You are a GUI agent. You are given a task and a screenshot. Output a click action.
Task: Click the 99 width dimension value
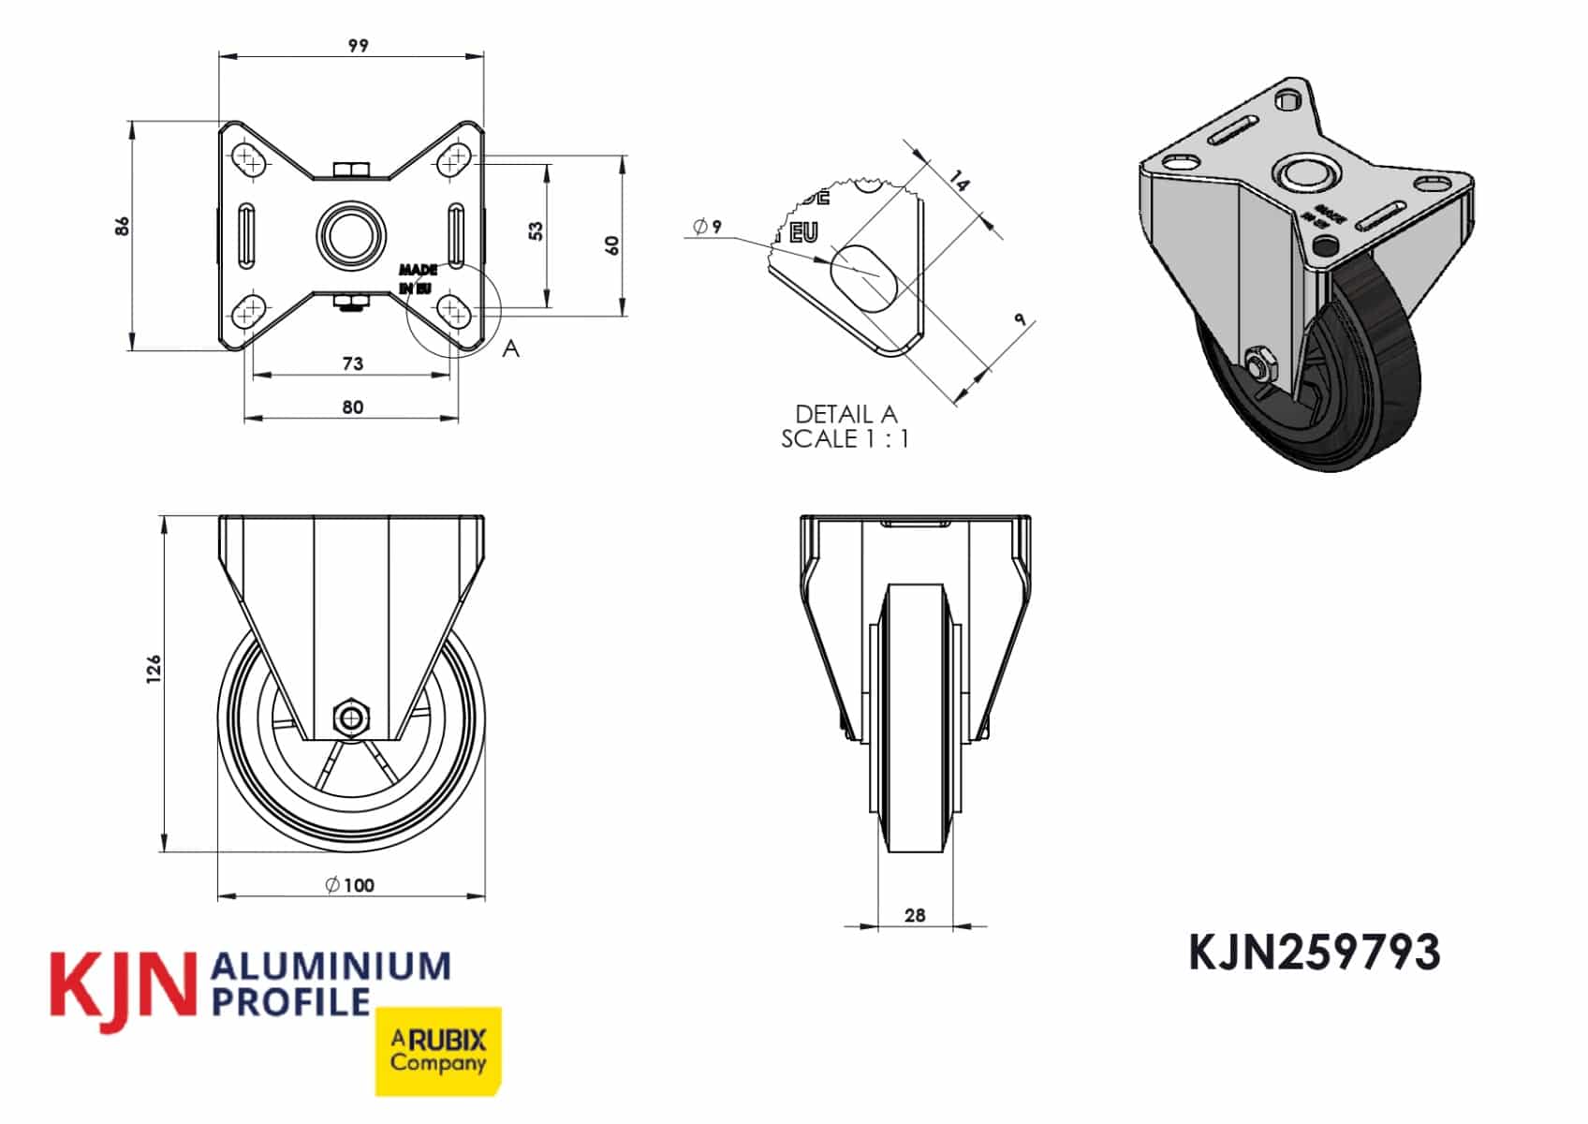coord(358,46)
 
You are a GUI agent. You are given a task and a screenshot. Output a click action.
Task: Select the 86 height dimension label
coord(123,226)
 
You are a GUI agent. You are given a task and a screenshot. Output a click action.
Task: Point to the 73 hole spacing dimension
coord(352,363)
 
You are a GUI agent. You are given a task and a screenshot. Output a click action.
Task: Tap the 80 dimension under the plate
coord(352,407)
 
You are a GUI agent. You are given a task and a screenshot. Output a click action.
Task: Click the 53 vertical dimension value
coord(536,230)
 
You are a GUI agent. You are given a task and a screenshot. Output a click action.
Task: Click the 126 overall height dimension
coord(154,669)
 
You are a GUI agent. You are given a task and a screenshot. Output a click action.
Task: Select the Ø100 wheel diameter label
coord(350,885)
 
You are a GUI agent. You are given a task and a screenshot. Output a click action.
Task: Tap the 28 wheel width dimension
coord(915,915)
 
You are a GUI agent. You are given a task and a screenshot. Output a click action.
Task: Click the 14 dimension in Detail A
coord(959,180)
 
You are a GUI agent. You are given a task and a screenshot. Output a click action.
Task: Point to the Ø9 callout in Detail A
coord(708,227)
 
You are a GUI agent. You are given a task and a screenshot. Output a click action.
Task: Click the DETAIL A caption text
coord(845,414)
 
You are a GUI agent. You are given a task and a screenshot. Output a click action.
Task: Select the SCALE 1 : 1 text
coord(845,438)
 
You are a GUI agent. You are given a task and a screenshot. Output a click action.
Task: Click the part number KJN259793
coord(1314,954)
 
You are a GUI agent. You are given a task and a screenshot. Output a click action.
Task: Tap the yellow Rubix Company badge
coord(438,1051)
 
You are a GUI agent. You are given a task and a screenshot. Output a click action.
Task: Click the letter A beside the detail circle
coord(510,348)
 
